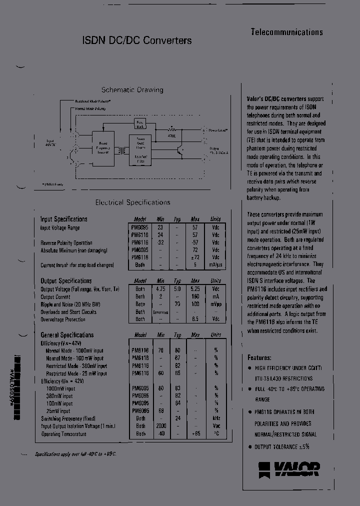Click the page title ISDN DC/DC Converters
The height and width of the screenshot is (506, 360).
point(136,41)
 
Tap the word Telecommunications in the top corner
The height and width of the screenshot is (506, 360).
point(286,32)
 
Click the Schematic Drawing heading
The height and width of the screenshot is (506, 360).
point(132,90)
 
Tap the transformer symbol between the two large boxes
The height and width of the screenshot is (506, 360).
point(121,150)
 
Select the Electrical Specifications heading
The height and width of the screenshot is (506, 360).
point(132,202)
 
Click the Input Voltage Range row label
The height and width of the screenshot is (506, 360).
point(60,228)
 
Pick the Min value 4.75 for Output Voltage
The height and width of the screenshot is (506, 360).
point(160,289)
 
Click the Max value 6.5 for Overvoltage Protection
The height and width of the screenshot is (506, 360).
point(195,319)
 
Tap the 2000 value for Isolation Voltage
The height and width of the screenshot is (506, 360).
point(160,426)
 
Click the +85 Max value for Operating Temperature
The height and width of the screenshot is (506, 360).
point(195,433)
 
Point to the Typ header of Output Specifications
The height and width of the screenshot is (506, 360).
point(177,281)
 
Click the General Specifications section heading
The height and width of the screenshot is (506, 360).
point(67,335)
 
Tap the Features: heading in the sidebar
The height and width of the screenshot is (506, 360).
point(259,358)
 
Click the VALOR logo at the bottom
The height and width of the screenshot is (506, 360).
point(289,469)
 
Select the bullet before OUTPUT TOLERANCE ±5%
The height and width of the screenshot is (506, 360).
point(250,446)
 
